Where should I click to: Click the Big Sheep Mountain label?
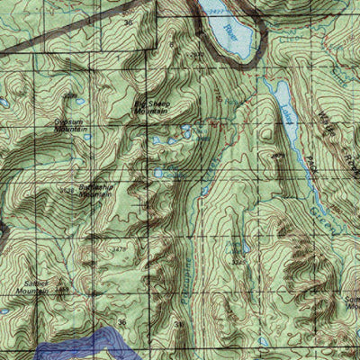150,107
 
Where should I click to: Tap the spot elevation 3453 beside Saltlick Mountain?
60,290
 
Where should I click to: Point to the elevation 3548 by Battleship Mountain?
67,191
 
